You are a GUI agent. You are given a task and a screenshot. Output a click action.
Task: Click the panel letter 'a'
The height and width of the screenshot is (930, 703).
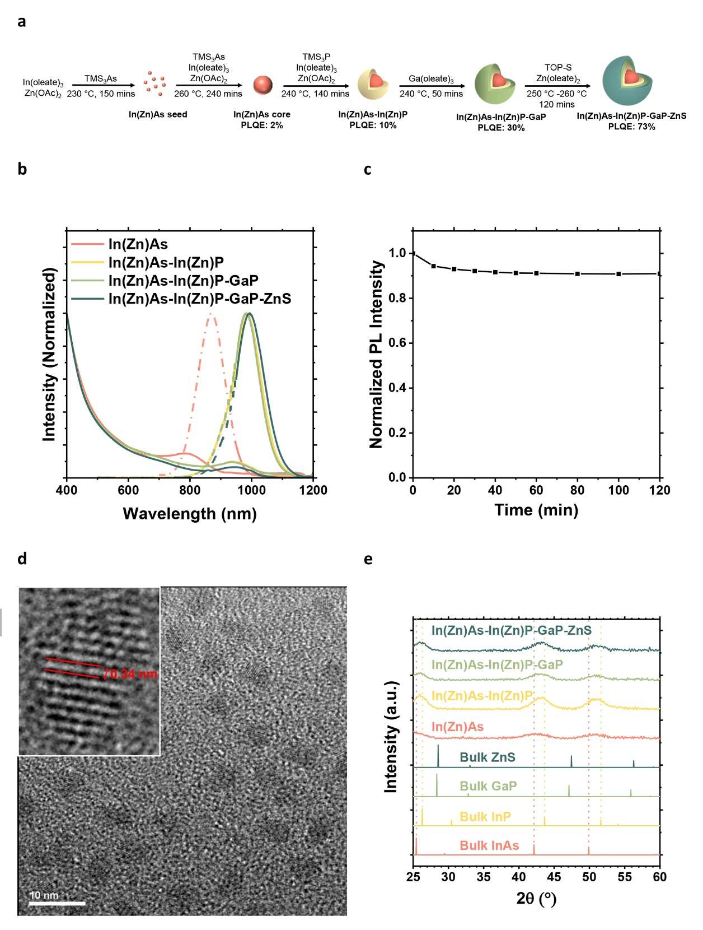pyautogui.click(x=22, y=22)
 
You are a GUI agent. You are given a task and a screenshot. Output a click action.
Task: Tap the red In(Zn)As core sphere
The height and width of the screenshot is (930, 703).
pyautogui.click(x=263, y=85)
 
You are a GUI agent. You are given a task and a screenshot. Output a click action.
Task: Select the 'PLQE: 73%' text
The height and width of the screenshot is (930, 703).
pyautogui.click(x=631, y=127)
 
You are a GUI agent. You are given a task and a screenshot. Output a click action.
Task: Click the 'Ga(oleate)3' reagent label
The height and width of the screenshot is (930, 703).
pyautogui.click(x=431, y=79)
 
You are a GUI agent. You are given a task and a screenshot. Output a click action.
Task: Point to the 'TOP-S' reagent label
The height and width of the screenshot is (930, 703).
pyautogui.click(x=558, y=67)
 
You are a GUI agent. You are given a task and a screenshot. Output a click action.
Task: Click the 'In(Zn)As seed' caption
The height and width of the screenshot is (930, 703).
pyautogui.click(x=158, y=114)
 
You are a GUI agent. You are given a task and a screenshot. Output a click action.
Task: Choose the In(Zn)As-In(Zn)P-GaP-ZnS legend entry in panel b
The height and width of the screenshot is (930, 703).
pyautogui.click(x=200, y=299)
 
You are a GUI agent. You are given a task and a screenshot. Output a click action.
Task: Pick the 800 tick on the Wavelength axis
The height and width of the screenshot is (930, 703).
pyautogui.click(x=190, y=490)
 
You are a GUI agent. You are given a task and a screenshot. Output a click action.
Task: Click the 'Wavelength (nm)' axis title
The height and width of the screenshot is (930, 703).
pyautogui.click(x=190, y=514)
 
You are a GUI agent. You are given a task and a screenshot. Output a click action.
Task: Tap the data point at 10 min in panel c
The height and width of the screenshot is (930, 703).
pyautogui.click(x=434, y=266)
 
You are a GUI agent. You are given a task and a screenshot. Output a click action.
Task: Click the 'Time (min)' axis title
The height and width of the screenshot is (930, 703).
pyautogui.click(x=536, y=510)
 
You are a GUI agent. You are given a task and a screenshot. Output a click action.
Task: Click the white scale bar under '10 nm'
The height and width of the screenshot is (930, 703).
pyautogui.click(x=57, y=903)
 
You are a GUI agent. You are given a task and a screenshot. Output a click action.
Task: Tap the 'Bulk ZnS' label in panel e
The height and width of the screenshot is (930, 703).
pyautogui.click(x=487, y=757)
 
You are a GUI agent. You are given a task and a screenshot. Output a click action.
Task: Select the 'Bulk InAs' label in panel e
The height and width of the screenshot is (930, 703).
pyautogui.click(x=489, y=845)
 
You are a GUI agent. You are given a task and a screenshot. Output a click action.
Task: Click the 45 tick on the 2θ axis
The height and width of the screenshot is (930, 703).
pyautogui.click(x=554, y=877)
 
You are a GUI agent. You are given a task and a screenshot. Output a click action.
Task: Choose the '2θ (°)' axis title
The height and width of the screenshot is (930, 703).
pyautogui.click(x=536, y=899)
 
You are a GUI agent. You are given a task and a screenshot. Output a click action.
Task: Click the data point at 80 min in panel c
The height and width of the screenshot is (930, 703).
pyautogui.click(x=578, y=274)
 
